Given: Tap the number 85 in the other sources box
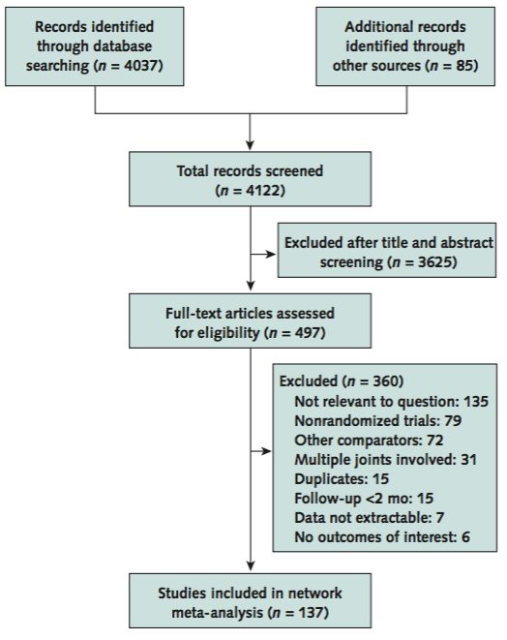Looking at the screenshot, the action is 464,65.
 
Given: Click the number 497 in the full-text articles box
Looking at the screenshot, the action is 308,333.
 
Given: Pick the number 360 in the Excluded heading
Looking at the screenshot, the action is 385,381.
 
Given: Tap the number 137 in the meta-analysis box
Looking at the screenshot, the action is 312,612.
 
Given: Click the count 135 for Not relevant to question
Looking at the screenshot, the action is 476,402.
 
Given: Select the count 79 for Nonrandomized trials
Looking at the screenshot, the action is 453,421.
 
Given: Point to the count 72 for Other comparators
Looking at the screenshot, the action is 434,440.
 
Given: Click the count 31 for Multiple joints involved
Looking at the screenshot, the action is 468,460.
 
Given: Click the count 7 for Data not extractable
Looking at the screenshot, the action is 439,518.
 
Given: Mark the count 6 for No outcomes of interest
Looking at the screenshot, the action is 465,536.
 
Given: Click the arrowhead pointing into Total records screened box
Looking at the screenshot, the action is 250,145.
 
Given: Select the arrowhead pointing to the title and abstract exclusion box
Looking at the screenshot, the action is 271,254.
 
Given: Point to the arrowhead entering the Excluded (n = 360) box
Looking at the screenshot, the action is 266,451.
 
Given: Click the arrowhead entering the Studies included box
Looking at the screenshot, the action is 251,566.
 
